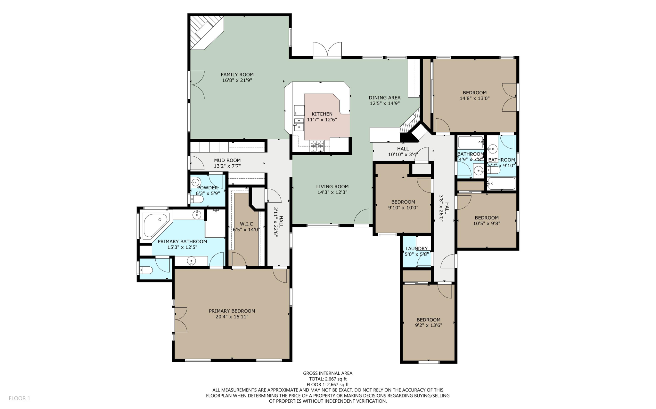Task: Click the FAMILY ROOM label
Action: coord(237,75)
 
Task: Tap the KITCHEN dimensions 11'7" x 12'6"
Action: coord(322,120)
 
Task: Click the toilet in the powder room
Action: coord(197,200)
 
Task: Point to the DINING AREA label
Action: coord(384,98)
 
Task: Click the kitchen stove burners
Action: coord(317,146)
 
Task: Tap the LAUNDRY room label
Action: coord(416,248)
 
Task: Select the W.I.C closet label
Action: coord(246,224)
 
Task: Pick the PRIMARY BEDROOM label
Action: coord(232,311)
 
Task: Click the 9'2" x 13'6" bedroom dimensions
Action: coord(429,326)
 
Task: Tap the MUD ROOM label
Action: coord(227,160)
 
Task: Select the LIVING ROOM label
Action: coord(332,186)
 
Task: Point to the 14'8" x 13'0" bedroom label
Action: coord(474,93)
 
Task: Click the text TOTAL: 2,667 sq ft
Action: coord(328,379)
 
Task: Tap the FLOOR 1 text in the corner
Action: coord(19,398)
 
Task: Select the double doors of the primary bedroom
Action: coord(180,319)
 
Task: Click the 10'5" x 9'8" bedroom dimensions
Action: coord(487,224)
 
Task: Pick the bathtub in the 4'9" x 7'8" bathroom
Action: coord(471,142)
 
